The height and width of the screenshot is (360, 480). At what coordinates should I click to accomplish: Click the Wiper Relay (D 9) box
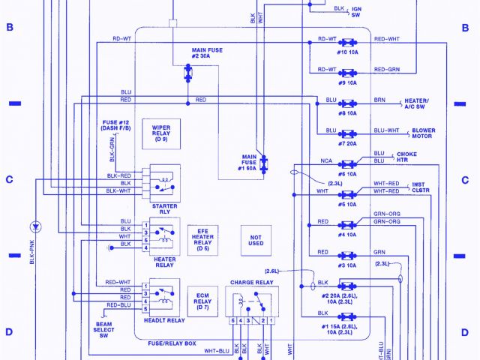tap(161, 133)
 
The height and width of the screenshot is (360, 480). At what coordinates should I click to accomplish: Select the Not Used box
tap(256, 238)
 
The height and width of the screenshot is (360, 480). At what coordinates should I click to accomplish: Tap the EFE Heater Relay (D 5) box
tap(203, 238)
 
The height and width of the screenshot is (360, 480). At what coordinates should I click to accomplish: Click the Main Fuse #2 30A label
tap(207, 53)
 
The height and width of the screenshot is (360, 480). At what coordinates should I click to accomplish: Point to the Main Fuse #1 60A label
tap(249, 163)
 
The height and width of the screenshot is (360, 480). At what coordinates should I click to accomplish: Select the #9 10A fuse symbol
tap(346, 73)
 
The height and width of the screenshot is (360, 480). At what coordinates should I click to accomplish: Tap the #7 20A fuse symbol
tap(346, 133)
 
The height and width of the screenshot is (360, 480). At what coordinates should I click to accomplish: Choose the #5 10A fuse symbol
tap(346, 193)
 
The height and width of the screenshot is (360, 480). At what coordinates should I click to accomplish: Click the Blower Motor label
tap(423, 133)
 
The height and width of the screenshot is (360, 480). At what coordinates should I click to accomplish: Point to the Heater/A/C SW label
tap(417, 103)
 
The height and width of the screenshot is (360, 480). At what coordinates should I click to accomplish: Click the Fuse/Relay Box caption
tap(172, 343)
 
